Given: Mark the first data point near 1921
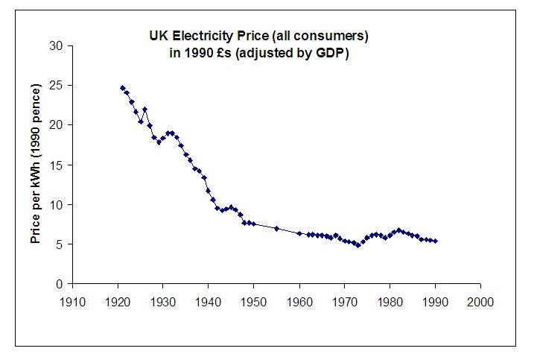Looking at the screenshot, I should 123,88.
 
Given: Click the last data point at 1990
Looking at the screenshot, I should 435,241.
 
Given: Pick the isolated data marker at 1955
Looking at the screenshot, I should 276,229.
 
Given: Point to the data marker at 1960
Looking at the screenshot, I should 299,233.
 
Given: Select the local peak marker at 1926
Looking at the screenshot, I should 145,110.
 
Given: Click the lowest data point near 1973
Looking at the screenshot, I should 358,245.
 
